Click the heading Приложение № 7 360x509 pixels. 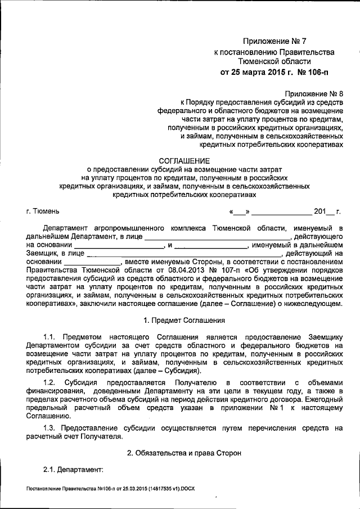pos(274,41)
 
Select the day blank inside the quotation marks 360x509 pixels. pos(239,213)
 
